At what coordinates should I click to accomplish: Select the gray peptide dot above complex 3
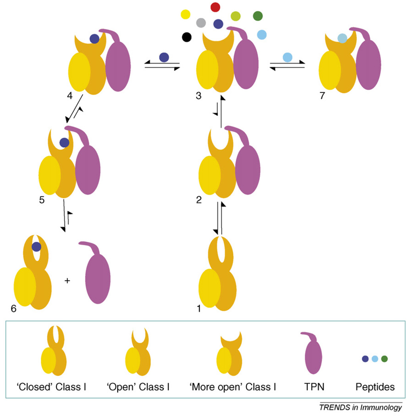click(201, 22)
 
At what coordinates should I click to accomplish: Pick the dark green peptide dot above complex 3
click(258, 16)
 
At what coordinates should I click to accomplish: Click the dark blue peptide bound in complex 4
click(94, 39)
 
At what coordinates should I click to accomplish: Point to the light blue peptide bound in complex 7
click(342, 38)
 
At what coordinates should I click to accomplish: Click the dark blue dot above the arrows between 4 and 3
click(163, 57)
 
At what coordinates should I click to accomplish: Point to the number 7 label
click(322, 97)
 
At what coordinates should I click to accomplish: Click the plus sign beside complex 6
click(67, 281)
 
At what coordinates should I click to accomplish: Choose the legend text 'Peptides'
click(374, 386)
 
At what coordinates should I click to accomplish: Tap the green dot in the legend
click(384, 359)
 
